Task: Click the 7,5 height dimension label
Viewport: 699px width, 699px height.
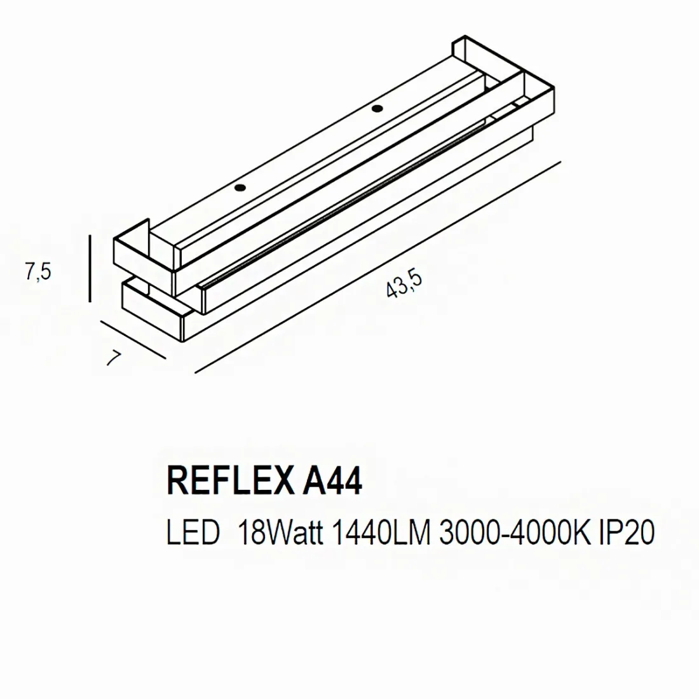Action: click(37, 271)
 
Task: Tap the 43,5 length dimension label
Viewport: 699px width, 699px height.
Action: click(404, 285)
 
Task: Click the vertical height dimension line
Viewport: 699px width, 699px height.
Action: click(91, 268)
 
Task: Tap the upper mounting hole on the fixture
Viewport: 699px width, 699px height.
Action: click(377, 107)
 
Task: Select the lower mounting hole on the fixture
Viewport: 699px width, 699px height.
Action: click(240, 188)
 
